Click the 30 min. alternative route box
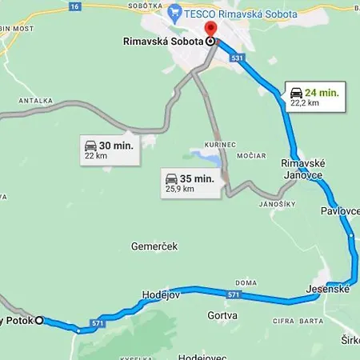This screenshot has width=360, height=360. click(108, 150)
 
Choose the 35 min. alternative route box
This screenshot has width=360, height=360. click(189, 182)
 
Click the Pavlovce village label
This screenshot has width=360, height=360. click(340, 210)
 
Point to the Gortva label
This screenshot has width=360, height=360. click(222, 315)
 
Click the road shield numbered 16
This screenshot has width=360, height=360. click(74, 6)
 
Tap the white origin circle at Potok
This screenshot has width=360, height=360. click(38, 320)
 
